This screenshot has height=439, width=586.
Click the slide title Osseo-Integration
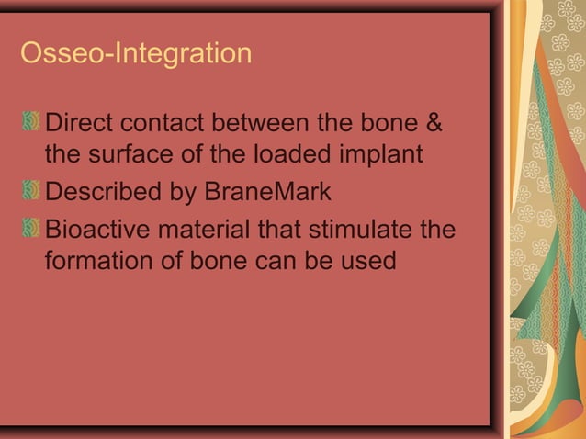point(135,53)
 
